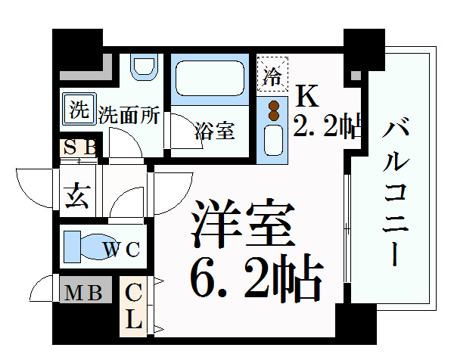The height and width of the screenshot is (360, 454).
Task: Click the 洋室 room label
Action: pyautogui.click(x=243, y=223)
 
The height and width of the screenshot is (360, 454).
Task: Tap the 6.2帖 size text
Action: pyautogui.click(x=257, y=277)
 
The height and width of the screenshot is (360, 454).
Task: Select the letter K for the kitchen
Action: pyautogui.click(x=306, y=95)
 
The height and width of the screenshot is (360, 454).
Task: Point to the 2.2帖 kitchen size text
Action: pyautogui.click(x=327, y=126)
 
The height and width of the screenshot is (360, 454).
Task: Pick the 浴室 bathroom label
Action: pyautogui.click(x=215, y=131)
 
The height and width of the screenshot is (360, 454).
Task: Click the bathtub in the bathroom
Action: pyautogui.click(x=210, y=78)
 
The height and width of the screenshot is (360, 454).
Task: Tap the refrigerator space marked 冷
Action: pyautogui.click(x=272, y=73)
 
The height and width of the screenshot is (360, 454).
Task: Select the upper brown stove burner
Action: pyautogui.click(x=274, y=106)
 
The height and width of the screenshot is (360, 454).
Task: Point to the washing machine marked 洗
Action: pyautogui.click(x=78, y=109)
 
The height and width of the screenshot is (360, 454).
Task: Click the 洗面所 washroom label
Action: pyautogui.click(x=129, y=115)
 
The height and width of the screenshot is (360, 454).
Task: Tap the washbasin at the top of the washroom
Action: pyautogui.click(x=145, y=67)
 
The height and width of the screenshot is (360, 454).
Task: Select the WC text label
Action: pyautogui.click(x=122, y=249)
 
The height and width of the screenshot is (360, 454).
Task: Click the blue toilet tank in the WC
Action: pyautogui.click(x=72, y=247)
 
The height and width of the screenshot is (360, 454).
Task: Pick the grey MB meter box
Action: pyautogui.click(x=86, y=290)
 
